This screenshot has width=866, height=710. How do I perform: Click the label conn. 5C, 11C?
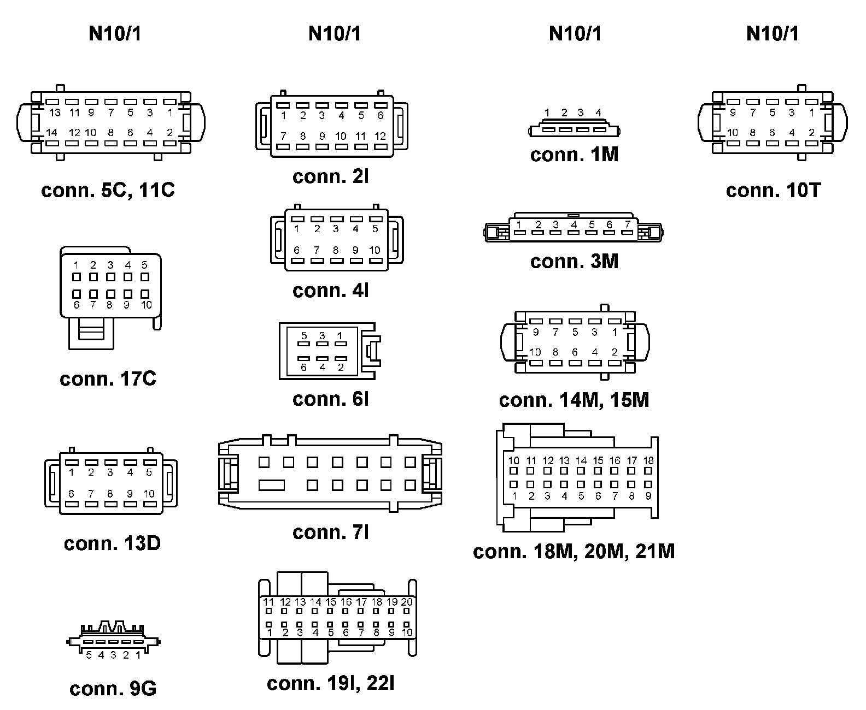(108, 191)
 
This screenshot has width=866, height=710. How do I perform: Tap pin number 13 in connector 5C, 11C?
(54, 113)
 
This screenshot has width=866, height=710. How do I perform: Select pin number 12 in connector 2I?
(380, 136)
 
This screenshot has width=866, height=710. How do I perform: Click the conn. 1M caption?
(574, 155)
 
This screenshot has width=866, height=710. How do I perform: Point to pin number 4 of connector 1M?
(598, 113)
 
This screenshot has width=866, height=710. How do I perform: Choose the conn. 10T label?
(773, 191)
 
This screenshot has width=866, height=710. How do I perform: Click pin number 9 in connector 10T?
(733, 113)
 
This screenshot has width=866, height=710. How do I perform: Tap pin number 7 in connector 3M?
(628, 224)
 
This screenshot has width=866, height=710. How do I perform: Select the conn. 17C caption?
(108, 378)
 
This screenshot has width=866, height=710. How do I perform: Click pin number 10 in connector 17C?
(146, 305)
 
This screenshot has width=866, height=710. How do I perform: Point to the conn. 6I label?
(331, 399)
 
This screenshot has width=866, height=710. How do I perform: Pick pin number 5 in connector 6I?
(304, 336)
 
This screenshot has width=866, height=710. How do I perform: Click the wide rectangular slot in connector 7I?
(272, 485)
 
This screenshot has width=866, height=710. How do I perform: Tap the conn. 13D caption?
(112, 543)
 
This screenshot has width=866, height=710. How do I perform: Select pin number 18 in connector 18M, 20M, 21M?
(648, 460)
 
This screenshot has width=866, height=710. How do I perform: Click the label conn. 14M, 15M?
(574, 400)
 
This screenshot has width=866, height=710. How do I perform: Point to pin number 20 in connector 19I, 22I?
(407, 602)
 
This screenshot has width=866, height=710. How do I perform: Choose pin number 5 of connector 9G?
(89, 655)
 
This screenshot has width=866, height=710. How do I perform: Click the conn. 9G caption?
(113, 689)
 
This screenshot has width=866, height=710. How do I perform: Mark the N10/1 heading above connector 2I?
(335, 34)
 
